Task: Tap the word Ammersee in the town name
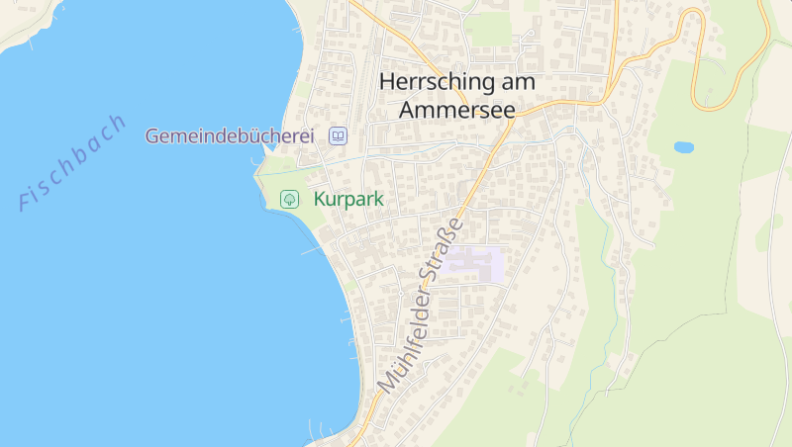coord(457,109)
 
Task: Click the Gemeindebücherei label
coord(230,136)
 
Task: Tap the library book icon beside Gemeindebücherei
coord(339,136)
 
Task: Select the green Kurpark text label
coord(348,199)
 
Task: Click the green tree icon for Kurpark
coord(289,199)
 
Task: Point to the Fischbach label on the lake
coord(73,162)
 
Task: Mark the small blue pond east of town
coord(684,147)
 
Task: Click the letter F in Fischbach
coord(26,202)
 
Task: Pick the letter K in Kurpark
coord(320,199)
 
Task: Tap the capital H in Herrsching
coord(388,82)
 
